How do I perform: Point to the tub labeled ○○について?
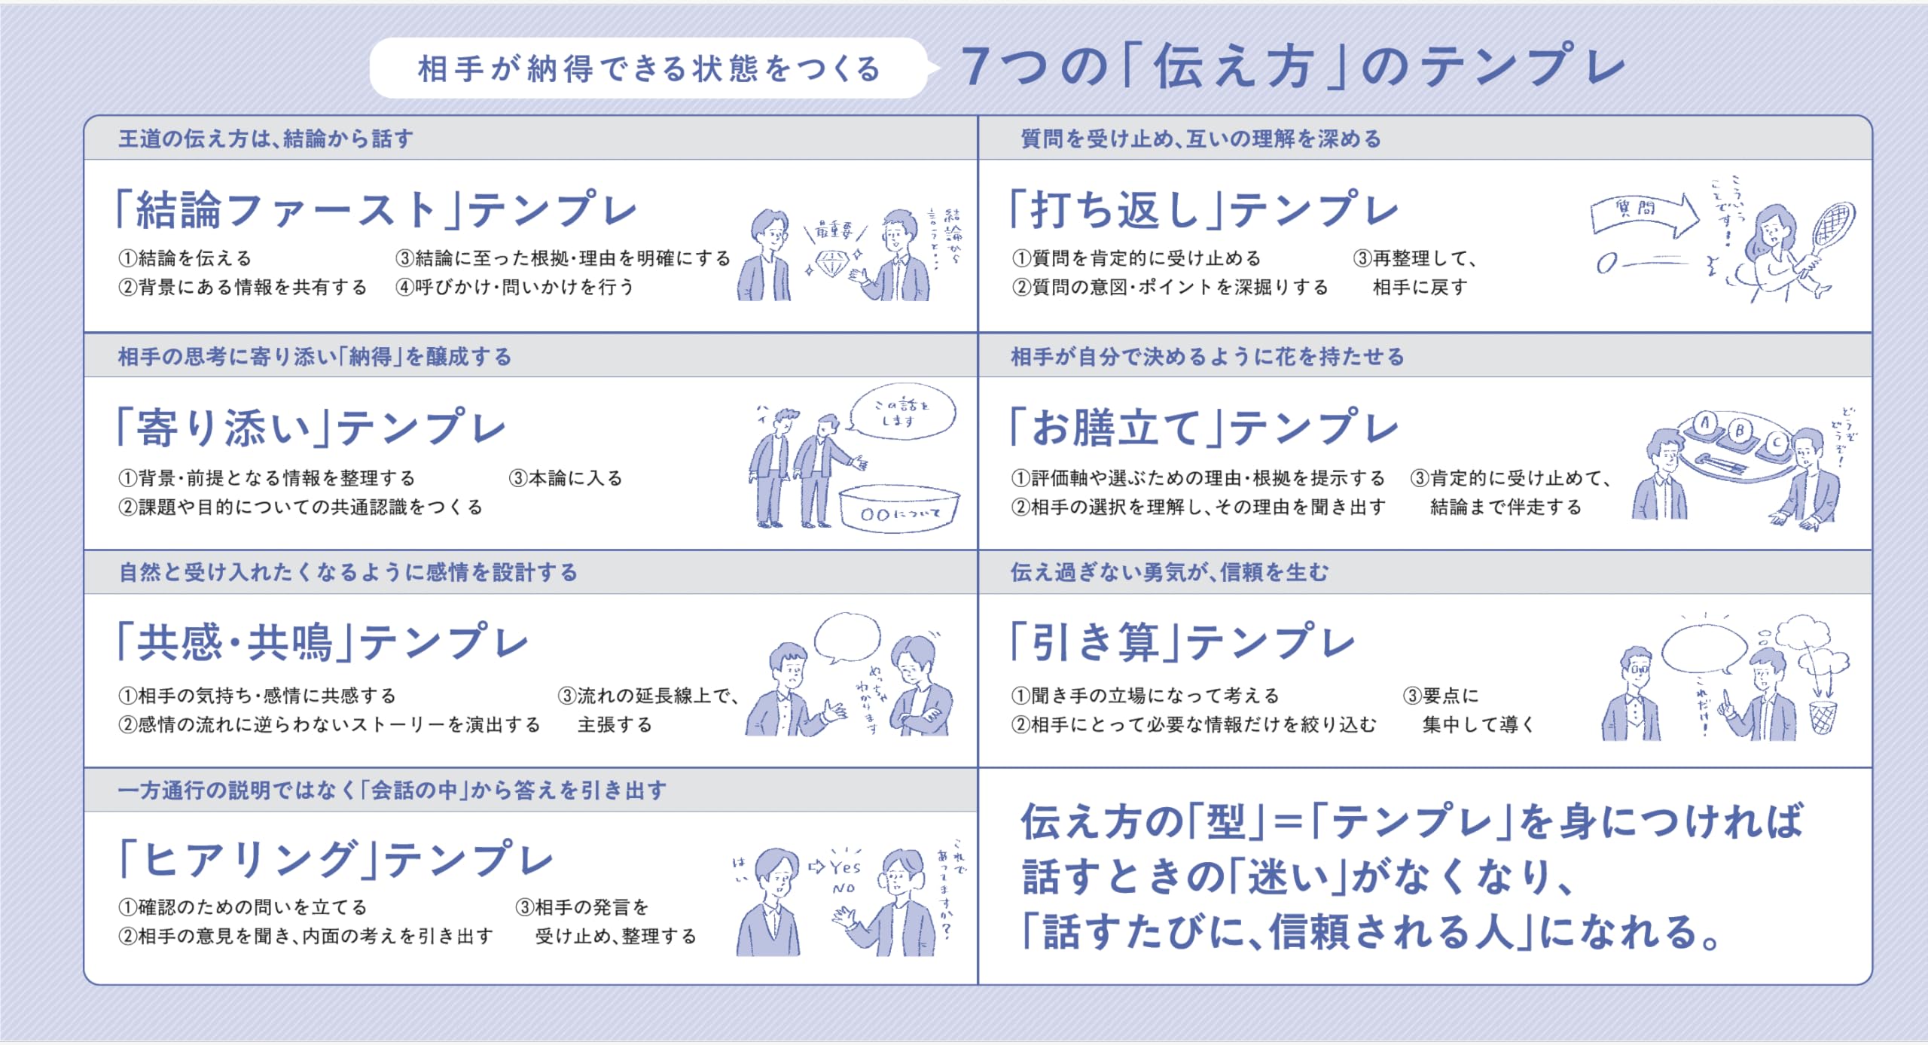pos(900,508)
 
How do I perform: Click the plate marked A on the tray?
pos(1705,424)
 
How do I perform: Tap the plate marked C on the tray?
pos(1777,442)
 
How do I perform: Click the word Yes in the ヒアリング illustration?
pos(845,867)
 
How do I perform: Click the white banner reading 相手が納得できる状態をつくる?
pos(649,69)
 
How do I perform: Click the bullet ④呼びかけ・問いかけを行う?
pos(515,287)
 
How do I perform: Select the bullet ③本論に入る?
pos(566,478)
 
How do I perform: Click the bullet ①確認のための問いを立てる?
pos(243,907)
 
